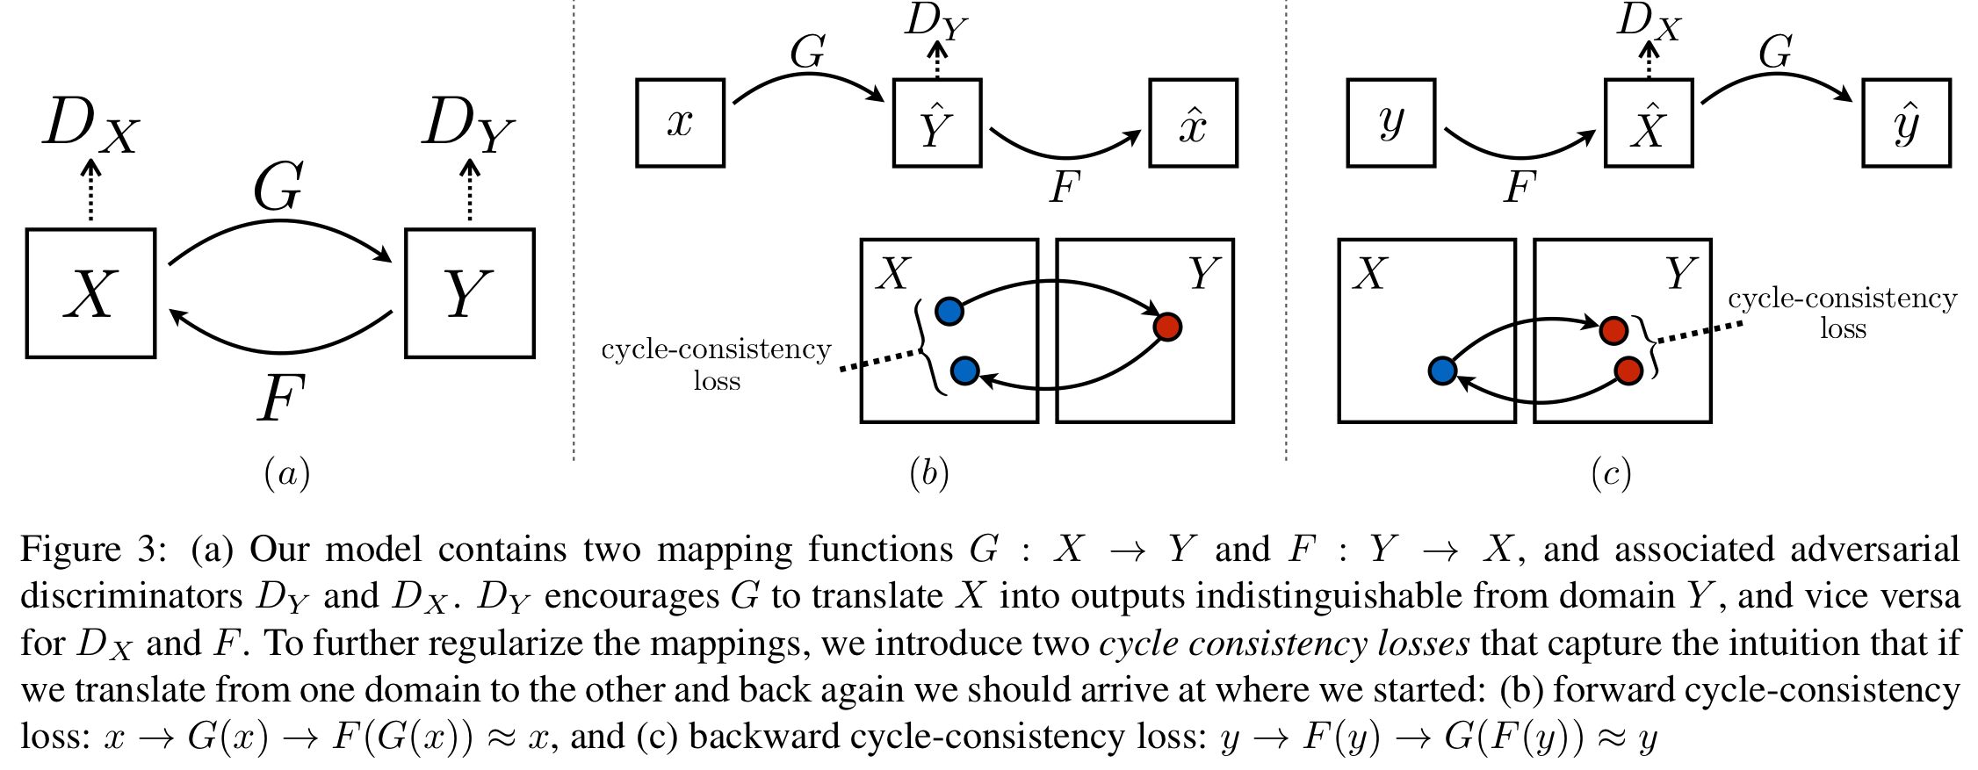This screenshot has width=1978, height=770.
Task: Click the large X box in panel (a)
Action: coord(90,293)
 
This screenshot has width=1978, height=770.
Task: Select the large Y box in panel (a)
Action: coord(469,293)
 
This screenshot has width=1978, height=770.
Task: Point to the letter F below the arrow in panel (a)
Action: coord(280,398)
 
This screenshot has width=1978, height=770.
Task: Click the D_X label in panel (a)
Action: coord(91,125)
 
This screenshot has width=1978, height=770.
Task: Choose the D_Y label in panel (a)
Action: coord(468,125)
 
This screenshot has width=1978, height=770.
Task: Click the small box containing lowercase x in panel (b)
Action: coord(680,123)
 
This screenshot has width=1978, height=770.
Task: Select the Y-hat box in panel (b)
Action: coord(936,123)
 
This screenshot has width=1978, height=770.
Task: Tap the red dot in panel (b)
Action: coord(1167,327)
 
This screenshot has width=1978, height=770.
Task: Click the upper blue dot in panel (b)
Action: coord(949,311)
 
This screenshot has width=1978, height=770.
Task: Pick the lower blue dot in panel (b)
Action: coord(964,371)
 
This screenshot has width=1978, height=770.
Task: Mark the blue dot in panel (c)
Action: coord(1442,371)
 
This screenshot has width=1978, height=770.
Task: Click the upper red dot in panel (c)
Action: coord(1613,330)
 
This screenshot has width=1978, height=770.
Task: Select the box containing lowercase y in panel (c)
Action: coord(1390,123)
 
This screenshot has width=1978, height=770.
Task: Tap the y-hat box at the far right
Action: coord(1906,123)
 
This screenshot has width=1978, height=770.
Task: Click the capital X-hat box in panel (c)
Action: coord(1648,123)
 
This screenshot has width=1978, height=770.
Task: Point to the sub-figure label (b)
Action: coord(929,474)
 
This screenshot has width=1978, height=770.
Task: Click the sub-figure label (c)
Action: coord(1611,474)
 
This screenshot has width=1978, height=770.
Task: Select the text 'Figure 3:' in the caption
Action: coord(92,550)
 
